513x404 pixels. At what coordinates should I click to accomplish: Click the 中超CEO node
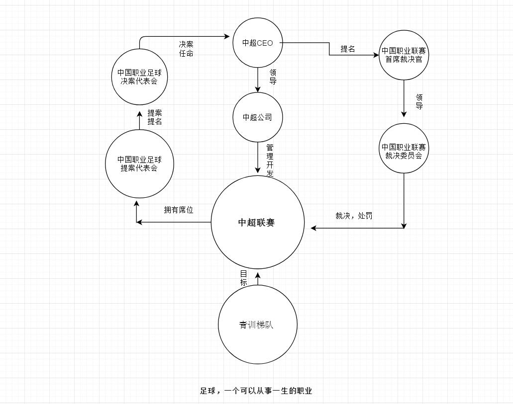coord(257,43)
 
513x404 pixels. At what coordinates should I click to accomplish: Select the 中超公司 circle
coord(257,117)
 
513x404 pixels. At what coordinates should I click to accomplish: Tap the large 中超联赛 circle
coord(257,223)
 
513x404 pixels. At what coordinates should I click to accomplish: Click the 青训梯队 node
coord(257,325)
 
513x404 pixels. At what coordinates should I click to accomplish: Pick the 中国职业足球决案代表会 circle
coord(139,77)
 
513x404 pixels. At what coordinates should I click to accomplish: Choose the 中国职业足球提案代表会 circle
coord(139,163)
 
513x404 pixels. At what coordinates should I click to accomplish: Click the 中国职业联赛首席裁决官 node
coord(404,55)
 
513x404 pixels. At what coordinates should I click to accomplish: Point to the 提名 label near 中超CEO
coord(348,49)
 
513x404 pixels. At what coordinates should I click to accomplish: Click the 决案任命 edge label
coord(186,49)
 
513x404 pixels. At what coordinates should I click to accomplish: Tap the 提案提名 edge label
coord(155,117)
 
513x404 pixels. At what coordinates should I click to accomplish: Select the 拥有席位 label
coord(179,210)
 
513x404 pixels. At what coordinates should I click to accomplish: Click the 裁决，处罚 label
coord(354,216)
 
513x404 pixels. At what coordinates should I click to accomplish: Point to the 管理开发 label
coord(270,160)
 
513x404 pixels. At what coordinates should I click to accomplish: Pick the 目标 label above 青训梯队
coord(243,278)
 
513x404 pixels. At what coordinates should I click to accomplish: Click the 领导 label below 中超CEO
coord(273,77)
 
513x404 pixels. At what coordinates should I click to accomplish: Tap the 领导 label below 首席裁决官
coord(419,101)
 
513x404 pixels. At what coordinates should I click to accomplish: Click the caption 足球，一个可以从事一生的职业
coord(256,391)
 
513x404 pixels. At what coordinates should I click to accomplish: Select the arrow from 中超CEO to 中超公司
coord(258,80)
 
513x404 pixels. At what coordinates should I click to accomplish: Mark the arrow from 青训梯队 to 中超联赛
coord(258,279)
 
